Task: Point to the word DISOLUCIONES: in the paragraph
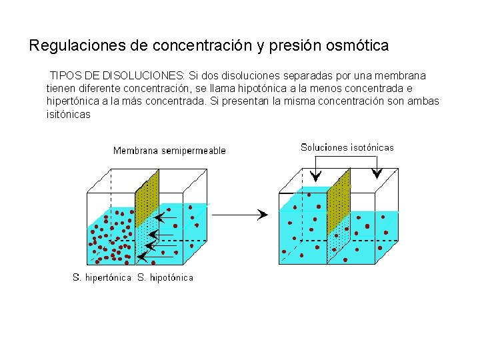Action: [x=143, y=76]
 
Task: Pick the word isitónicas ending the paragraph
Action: [x=68, y=115]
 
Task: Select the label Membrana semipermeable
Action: [x=169, y=151]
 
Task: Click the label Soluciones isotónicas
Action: [x=347, y=147]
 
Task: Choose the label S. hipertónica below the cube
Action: [x=101, y=277]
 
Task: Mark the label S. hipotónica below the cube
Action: [x=165, y=277]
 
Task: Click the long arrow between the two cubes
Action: [x=240, y=214]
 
